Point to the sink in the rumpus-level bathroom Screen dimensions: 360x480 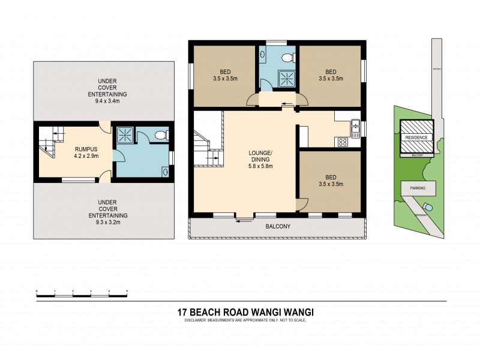tap(165, 170)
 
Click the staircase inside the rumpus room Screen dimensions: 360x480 tap(49, 142)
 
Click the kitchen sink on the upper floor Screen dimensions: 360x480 tap(355, 126)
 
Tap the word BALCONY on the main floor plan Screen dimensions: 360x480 tap(278, 227)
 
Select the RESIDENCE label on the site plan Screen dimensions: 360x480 tap(416, 137)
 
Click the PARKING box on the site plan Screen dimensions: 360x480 tap(418, 188)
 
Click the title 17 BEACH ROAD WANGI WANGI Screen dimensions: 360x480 tap(246, 312)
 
